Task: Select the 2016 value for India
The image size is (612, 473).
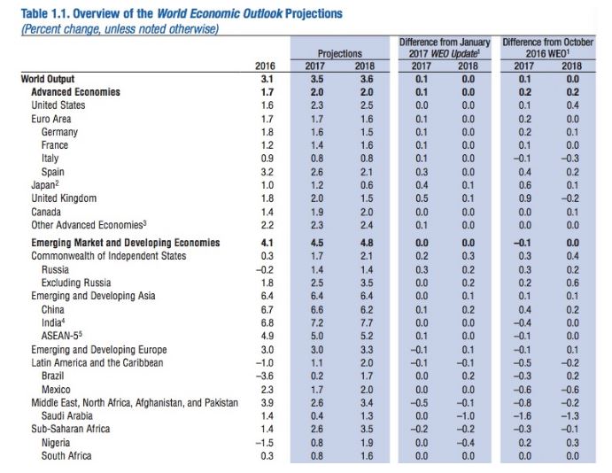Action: (265, 322)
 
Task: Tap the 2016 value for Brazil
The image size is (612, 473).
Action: (265, 376)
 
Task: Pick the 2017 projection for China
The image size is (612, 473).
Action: (316, 309)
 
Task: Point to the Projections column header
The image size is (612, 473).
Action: (340, 53)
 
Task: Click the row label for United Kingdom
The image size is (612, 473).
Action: (64, 198)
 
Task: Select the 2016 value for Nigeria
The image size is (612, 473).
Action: (265, 442)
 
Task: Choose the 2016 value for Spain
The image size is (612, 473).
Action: (265, 172)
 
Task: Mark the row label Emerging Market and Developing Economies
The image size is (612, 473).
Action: (125, 243)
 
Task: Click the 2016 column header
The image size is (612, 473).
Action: (265, 66)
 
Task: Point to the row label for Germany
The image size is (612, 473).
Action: (59, 132)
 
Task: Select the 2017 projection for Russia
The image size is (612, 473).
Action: (316, 269)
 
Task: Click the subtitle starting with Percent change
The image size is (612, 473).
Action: (120, 28)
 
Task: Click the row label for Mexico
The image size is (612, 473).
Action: (58, 389)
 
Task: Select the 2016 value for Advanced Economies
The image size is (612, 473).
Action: (265, 92)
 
